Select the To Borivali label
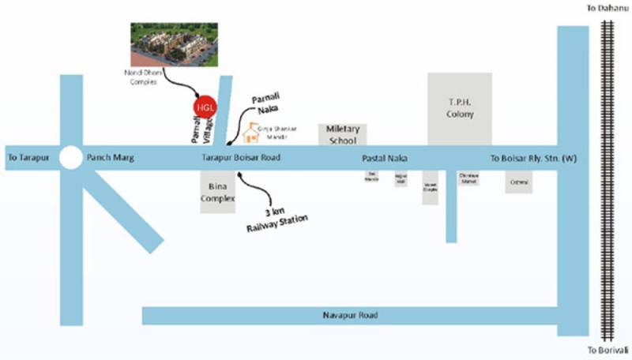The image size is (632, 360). [x=607, y=350]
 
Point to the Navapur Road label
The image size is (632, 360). [x=350, y=316]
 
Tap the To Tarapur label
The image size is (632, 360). [x=28, y=158]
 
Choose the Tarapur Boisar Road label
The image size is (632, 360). [x=242, y=158]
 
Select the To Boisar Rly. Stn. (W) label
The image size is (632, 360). [x=533, y=158]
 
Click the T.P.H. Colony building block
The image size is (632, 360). [x=460, y=108]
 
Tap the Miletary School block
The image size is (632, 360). [x=343, y=134]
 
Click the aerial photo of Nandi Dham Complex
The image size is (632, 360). [x=173, y=43]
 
